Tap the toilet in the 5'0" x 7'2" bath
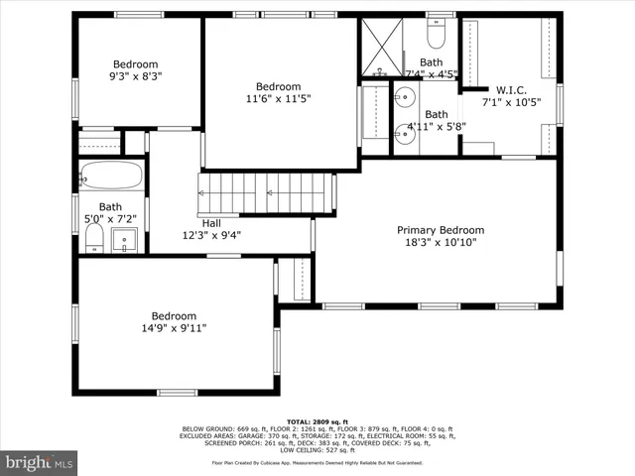coord(94,237)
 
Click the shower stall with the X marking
coord(381,48)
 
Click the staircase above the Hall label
coord(265,188)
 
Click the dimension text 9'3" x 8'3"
coord(135,74)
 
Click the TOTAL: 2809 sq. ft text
coord(317,421)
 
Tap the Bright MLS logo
coord(40,462)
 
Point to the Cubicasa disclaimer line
coord(317,462)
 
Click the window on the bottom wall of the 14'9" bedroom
coord(177,392)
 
